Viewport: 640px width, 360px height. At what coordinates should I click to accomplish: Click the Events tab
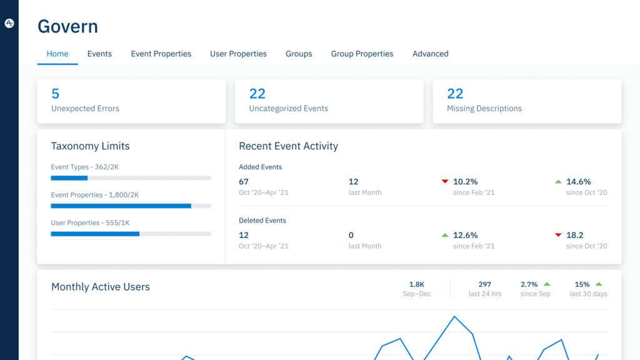pyautogui.click(x=99, y=54)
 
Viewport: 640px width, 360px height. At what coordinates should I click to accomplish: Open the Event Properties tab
pyautogui.click(x=161, y=54)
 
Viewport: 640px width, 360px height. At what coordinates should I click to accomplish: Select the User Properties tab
pyautogui.click(x=238, y=54)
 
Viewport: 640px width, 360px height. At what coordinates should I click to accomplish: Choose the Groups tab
pyautogui.click(x=299, y=54)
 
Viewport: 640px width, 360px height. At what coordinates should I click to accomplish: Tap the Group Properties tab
pyautogui.click(x=362, y=54)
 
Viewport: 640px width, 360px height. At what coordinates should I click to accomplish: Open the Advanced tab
pyautogui.click(x=430, y=54)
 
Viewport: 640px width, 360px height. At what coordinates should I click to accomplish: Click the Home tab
pyautogui.click(x=57, y=54)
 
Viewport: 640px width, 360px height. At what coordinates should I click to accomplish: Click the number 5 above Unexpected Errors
pyautogui.click(x=56, y=94)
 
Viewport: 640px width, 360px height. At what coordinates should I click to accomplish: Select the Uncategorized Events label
pyautogui.click(x=288, y=109)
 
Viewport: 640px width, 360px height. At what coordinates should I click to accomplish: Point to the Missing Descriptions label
pyautogui.click(x=484, y=109)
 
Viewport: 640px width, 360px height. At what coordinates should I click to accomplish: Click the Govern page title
pyautogui.click(x=67, y=27)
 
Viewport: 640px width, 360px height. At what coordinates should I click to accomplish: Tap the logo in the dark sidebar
pyautogui.click(x=9, y=23)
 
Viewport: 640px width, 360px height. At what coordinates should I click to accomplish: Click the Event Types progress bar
pyautogui.click(x=131, y=178)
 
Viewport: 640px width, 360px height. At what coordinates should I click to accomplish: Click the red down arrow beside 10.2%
pyautogui.click(x=445, y=182)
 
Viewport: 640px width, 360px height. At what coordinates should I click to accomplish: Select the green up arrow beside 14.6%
pyautogui.click(x=558, y=182)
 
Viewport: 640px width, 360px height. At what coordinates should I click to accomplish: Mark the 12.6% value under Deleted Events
pyautogui.click(x=465, y=235)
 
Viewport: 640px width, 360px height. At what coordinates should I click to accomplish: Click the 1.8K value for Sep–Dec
pyautogui.click(x=417, y=284)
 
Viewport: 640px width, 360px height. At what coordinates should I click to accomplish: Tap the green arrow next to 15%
pyautogui.click(x=599, y=284)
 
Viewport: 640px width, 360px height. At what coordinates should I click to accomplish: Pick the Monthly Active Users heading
pyautogui.click(x=101, y=287)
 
